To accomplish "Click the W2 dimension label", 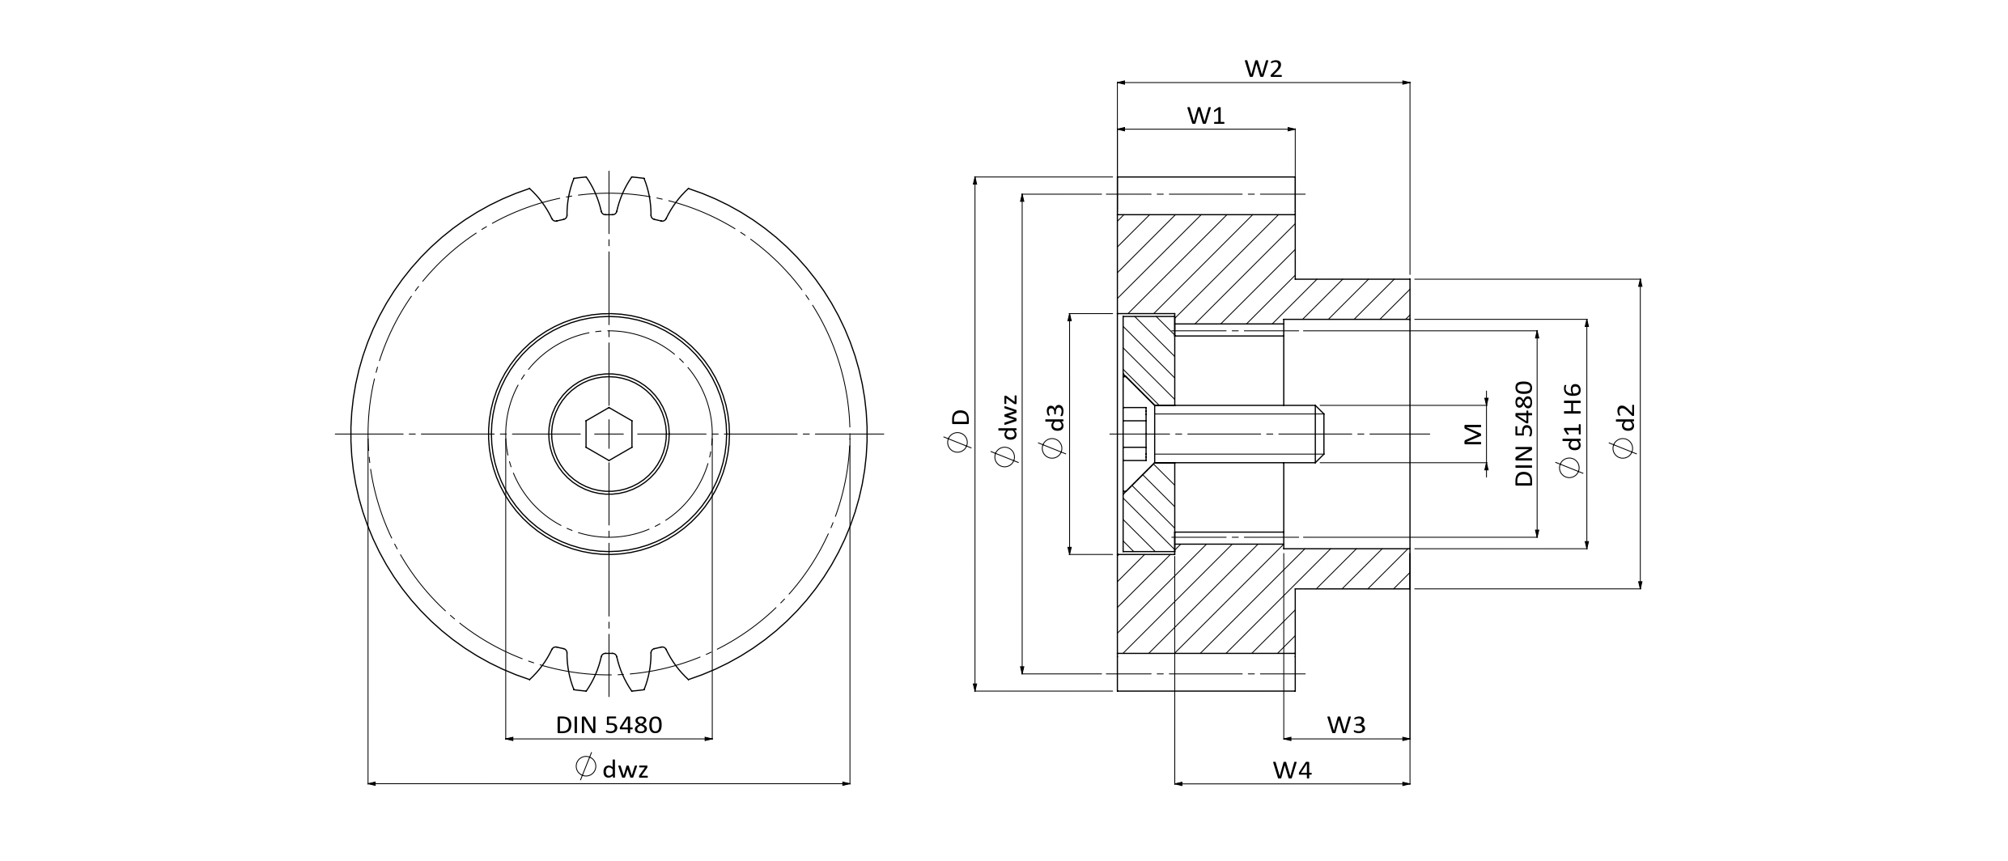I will (x=1263, y=70).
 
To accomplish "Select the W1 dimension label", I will (x=1206, y=117).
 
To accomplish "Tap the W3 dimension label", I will (x=1346, y=726).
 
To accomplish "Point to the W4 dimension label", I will (x=1292, y=771).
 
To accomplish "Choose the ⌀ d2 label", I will (x=1624, y=430).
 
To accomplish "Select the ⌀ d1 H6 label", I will (x=1570, y=430).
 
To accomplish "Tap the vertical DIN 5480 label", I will (x=1524, y=434).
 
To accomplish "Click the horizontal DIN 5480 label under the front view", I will (x=609, y=725).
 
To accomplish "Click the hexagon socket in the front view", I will (x=609, y=434).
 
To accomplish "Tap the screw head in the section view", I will (x=1135, y=435).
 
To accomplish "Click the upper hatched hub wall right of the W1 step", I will (x=1352, y=299).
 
